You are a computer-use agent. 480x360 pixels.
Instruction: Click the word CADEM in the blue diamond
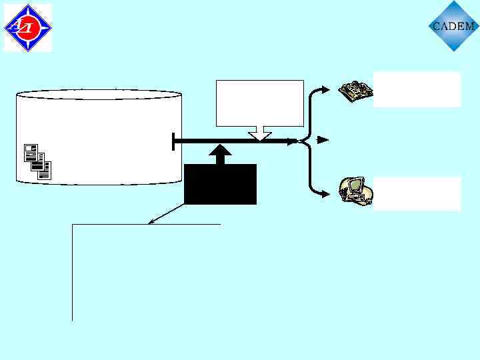(x=453, y=27)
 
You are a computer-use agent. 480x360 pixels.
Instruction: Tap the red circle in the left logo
(x=27, y=27)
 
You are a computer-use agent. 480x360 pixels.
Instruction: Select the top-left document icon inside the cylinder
(x=31, y=151)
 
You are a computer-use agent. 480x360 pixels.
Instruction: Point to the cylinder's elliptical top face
(x=98, y=95)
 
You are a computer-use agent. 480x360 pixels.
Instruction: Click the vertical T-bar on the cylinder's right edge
(x=173, y=141)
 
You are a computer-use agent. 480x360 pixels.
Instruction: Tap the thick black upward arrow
(x=220, y=154)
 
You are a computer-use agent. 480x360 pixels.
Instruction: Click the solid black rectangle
(x=220, y=184)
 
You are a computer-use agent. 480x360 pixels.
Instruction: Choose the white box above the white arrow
(x=260, y=103)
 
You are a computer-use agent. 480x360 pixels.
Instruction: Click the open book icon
(x=354, y=91)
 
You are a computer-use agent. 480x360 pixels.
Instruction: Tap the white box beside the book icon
(x=417, y=89)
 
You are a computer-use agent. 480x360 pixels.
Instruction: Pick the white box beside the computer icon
(x=417, y=193)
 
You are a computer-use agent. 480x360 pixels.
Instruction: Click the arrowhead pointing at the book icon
(x=325, y=89)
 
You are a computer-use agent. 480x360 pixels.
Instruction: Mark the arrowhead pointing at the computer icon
(x=325, y=194)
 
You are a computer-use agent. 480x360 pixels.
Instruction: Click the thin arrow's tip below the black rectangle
(x=150, y=223)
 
